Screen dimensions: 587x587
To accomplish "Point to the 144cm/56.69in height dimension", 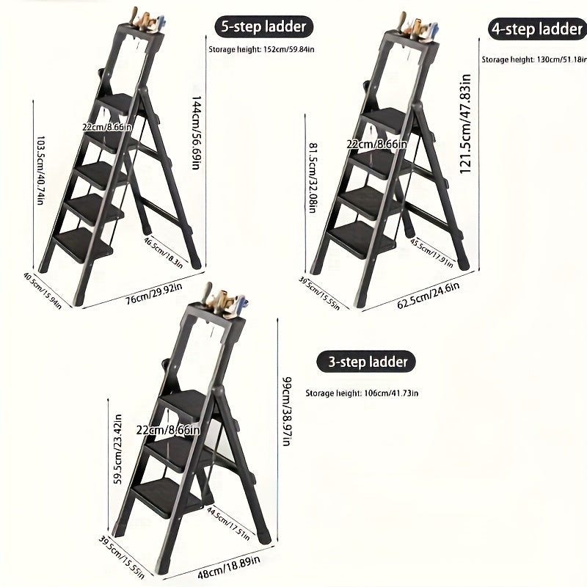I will pos(196,131).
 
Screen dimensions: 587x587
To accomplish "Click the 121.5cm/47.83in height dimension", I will pos(464,128).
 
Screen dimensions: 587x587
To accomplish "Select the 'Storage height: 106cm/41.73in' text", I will pos(362,393).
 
